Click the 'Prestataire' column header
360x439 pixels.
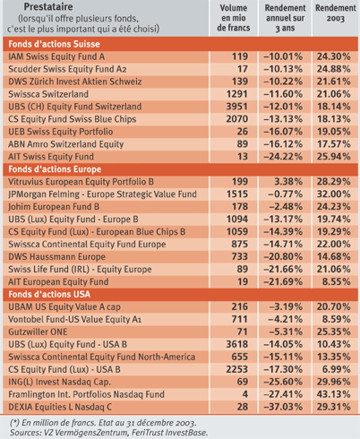[x=48, y=6]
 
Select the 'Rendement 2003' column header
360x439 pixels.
[x=336, y=13]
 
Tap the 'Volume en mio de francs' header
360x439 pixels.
[x=234, y=18]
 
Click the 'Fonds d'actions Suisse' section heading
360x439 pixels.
[x=54, y=44]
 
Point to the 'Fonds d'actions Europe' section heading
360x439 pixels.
[x=55, y=169]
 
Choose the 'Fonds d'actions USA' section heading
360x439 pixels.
[x=49, y=295]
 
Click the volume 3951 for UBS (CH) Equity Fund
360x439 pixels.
[x=236, y=107]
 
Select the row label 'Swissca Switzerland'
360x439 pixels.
[x=48, y=94]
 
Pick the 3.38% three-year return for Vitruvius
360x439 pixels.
[x=288, y=182]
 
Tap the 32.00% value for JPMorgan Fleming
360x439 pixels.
[x=333, y=194]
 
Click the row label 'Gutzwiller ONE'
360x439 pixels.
[x=38, y=331]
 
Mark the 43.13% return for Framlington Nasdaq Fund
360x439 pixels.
[x=333, y=394]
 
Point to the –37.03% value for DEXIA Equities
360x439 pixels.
[x=283, y=407]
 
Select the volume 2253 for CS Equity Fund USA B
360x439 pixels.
[x=236, y=369]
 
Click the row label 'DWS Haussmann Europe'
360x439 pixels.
[x=56, y=257]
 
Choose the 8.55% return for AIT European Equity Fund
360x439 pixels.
[x=336, y=281]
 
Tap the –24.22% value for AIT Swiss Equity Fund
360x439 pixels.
[x=283, y=157]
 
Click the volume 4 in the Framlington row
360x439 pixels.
[x=245, y=394]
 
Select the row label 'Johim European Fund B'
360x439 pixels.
[x=54, y=207]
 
